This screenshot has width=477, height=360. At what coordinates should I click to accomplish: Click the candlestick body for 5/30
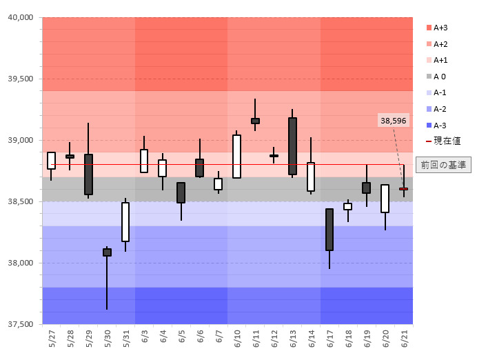pos(107,252)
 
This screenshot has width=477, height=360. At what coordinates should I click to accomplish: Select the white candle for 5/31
pos(125,221)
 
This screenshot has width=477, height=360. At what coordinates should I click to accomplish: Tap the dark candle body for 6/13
pos(292,146)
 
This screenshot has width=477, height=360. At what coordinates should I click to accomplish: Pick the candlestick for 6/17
pos(329,230)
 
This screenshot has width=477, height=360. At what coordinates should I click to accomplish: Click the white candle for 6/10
pos(236,157)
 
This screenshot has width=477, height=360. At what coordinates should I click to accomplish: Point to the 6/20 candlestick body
pos(385,199)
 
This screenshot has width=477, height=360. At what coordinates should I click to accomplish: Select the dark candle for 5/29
pos(88,174)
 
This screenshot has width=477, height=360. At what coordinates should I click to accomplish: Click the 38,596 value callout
pos(393,121)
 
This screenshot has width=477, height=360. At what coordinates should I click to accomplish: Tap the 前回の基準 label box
pos(444,165)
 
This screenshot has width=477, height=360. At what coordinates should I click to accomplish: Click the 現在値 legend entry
pos(443,141)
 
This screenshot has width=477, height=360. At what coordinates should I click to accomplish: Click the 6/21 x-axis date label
pos(404,339)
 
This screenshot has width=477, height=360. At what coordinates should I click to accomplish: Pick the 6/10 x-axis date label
pos(237,339)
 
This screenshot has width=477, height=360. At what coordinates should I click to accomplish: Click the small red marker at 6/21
pos(403,188)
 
